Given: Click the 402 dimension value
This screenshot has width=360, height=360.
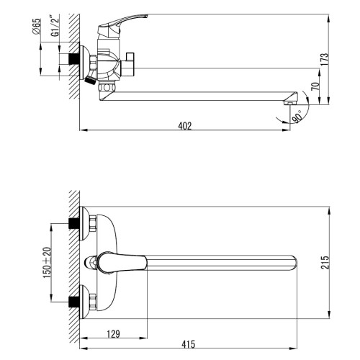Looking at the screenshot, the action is click(x=185, y=126).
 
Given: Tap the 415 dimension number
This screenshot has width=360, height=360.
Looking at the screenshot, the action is click(x=189, y=344).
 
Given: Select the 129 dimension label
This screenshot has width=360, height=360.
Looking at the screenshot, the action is click(x=113, y=334).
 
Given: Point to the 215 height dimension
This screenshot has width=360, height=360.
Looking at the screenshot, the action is click(x=325, y=262).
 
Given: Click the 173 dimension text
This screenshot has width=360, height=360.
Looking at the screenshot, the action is click(x=324, y=59).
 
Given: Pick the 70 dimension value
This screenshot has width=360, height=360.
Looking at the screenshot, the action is click(x=315, y=86).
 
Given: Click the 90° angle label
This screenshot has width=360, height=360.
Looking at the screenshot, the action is click(x=297, y=117).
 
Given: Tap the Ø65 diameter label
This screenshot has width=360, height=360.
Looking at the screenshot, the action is click(x=37, y=27).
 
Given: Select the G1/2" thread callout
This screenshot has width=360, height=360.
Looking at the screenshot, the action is click(x=55, y=26).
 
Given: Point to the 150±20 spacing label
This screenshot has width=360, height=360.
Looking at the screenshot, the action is click(x=48, y=263).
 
